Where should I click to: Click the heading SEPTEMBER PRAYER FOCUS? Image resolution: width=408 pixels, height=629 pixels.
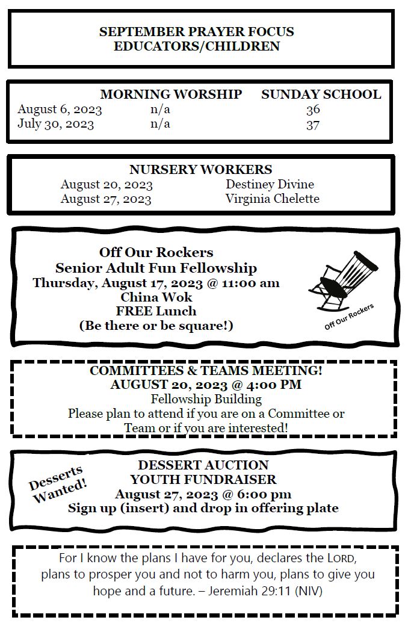coord(197,32)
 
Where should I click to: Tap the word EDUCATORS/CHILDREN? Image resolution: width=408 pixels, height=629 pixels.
coord(197,46)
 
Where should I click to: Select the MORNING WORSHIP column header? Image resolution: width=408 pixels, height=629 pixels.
coord(171,95)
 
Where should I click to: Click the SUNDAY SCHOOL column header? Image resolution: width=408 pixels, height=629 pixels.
coord(321,95)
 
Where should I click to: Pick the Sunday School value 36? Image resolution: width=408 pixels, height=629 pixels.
coord(313,110)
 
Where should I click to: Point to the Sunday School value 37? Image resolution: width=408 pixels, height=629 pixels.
coord(313,125)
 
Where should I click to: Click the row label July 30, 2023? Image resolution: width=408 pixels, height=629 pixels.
coord(55,125)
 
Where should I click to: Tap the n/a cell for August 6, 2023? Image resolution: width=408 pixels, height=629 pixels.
coord(160,110)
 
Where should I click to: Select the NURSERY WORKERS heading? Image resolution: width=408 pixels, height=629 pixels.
coord(200,170)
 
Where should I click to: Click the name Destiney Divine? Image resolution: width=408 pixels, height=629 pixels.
coord(270,184)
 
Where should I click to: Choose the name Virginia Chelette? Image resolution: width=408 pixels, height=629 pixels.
coord(272,199)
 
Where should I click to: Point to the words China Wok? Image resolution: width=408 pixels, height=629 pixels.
coord(156,297)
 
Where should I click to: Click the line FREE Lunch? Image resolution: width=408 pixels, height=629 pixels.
coord(156,311)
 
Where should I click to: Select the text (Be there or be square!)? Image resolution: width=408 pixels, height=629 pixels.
coord(156,326)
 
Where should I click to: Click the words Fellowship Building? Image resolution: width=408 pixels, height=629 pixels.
coord(206,399)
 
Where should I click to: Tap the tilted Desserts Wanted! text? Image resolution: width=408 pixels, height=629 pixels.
coord(58,484)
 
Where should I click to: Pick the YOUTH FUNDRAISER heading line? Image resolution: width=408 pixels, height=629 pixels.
coord(203,480)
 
